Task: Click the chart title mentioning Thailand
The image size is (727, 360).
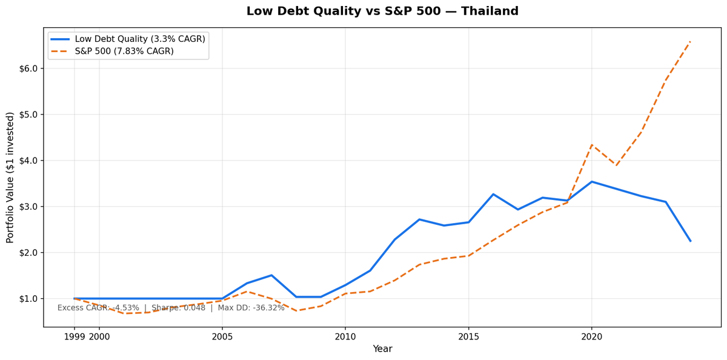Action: (382, 12)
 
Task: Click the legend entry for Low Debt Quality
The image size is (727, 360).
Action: (139, 39)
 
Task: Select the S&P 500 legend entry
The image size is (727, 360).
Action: (124, 52)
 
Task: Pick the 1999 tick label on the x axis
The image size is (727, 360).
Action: (75, 336)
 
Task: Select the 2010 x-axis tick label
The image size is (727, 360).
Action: (345, 336)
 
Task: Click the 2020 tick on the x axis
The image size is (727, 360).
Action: (592, 336)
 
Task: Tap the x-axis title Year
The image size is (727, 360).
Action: (382, 349)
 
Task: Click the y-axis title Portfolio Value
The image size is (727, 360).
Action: (10, 178)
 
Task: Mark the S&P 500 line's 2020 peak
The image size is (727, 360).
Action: (592, 145)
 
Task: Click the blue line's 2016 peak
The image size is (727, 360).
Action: (493, 194)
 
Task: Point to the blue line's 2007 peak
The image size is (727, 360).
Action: (271, 275)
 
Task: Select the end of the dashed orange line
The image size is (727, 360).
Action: (690, 41)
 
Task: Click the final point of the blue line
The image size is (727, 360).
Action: (690, 241)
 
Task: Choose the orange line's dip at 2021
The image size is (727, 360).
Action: (616, 165)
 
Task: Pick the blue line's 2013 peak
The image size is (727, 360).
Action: (419, 219)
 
